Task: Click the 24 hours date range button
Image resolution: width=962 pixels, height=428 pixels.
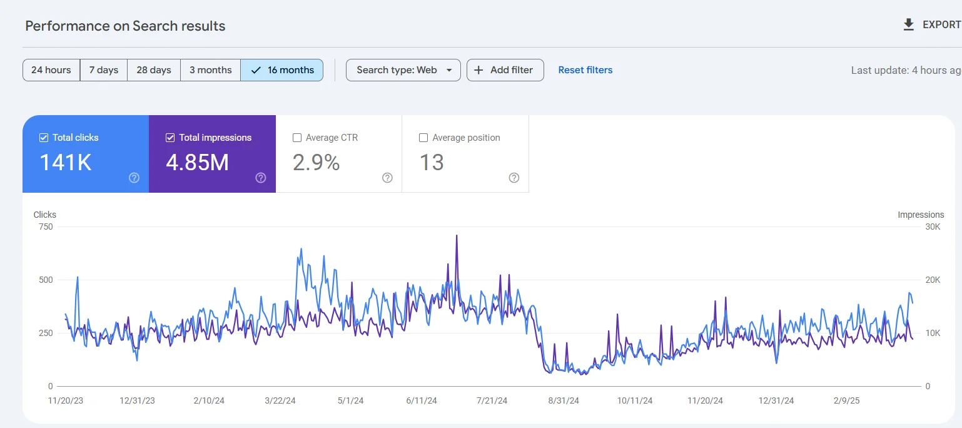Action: (51, 70)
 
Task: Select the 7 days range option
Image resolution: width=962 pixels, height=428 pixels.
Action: (104, 70)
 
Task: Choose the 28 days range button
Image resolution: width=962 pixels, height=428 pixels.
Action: (154, 70)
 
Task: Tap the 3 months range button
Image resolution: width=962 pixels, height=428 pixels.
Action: (210, 70)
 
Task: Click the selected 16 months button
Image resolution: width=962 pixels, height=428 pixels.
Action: (282, 70)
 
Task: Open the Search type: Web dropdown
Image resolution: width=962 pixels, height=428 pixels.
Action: (403, 70)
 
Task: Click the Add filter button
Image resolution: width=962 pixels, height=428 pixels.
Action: (505, 70)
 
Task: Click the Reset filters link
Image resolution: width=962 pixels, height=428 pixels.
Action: (585, 70)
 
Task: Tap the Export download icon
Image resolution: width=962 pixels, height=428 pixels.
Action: (909, 25)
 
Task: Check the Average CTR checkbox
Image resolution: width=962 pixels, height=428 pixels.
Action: (297, 138)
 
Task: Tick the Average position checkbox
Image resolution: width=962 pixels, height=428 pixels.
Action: (423, 138)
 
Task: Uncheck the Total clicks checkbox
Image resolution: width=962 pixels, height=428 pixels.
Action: (44, 138)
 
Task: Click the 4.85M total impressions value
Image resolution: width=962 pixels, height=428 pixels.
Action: (197, 163)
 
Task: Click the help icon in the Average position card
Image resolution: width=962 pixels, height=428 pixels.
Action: (514, 178)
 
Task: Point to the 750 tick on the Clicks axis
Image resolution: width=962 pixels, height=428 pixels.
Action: (46, 227)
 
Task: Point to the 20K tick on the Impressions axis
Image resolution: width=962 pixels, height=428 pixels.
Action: (933, 280)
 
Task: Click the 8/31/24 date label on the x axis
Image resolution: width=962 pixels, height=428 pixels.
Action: (564, 400)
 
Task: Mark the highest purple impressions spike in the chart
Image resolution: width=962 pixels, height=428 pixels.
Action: (457, 236)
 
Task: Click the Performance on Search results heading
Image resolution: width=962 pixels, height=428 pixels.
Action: (125, 26)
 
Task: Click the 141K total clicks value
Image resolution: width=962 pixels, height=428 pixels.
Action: (66, 163)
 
